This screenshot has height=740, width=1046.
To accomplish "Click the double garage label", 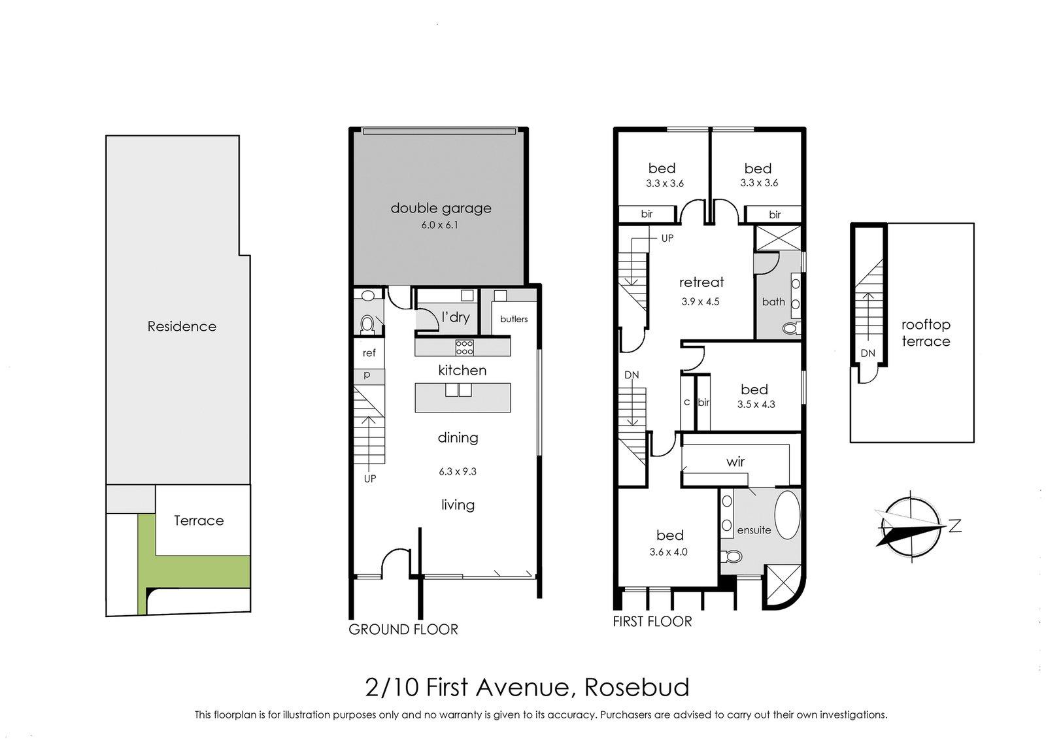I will (x=441, y=209).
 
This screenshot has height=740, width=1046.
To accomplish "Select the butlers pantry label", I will (x=514, y=319).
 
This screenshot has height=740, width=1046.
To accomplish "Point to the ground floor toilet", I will (x=367, y=323).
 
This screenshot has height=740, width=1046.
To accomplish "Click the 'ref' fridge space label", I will (x=369, y=353).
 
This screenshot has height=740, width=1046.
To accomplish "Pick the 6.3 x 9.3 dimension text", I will (x=458, y=471).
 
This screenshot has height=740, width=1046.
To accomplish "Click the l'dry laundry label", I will (x=456, y=318).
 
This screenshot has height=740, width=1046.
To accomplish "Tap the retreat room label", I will (x=701, y=282).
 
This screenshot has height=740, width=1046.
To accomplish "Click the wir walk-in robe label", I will (x=735, y=462).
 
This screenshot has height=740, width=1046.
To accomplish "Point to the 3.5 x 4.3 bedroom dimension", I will (x=756, y=405).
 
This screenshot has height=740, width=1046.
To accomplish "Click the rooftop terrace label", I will (x=926, y=333).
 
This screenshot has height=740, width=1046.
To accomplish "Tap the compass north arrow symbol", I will (x=912, y=526).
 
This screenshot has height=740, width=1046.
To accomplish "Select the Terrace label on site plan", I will (x=199, y=520).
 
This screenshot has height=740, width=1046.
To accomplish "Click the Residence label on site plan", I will (x=182, y=326).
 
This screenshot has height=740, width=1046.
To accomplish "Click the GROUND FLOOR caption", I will (x=403, y=630).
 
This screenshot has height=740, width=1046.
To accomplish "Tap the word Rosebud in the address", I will (x=636, y=688).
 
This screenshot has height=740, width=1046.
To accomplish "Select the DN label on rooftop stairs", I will (x=868, y=353).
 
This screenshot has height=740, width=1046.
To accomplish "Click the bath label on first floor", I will (x=773, y=302).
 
